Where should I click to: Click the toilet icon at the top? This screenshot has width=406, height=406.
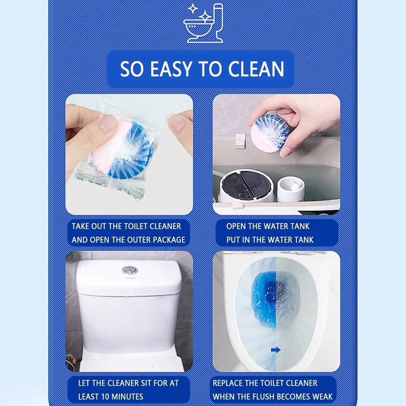click(x=204, y=24)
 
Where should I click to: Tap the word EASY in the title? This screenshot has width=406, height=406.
click(x=171, y=69)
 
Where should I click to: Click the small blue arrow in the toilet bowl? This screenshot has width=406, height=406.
click(x=276, y=350)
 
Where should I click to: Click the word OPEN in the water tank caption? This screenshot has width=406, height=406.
click(x=236, y=226)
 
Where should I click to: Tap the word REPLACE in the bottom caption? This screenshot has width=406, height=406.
click(x=227, y=383)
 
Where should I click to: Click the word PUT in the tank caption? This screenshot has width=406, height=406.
click(x=233, y=240)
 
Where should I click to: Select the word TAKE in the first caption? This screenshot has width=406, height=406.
click(x=81, y=226)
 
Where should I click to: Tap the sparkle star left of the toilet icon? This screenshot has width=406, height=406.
click(x=193, y=8)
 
